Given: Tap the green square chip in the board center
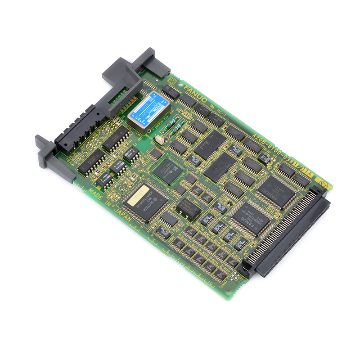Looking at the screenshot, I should pos(167,171).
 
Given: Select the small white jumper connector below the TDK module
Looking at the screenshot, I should pos(159,140).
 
